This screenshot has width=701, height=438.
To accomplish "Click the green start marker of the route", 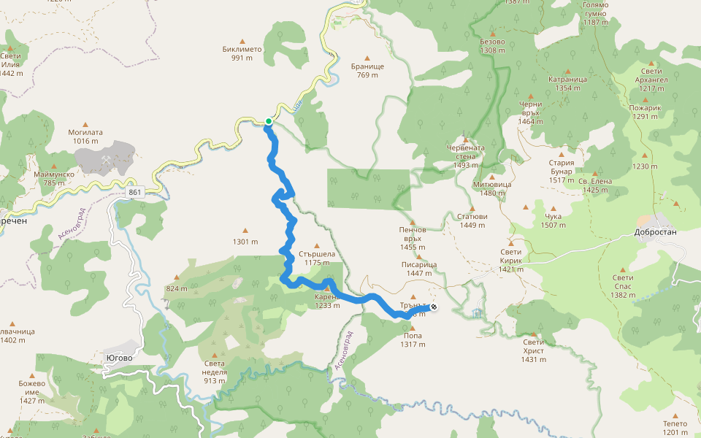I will point(269,121).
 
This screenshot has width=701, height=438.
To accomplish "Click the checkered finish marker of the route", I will point(434,307).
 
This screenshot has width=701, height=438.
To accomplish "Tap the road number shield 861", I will point(134,192).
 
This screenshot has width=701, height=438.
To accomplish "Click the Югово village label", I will point(118,358).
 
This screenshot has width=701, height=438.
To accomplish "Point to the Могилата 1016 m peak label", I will point(85,137).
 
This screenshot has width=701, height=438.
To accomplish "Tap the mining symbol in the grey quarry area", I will point(107,158).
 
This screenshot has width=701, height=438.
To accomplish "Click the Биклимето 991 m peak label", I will point(242,53).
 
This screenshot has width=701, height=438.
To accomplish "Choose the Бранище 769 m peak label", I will point(367,70).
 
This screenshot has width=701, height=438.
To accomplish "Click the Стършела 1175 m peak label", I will point(318,258).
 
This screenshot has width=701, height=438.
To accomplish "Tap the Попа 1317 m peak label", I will point(413,340).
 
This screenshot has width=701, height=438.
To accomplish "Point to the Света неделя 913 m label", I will point(215,372).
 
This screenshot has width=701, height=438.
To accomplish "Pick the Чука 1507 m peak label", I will point(553,220).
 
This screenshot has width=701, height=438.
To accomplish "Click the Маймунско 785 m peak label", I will point(53,179).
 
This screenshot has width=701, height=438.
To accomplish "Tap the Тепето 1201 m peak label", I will point(675,428).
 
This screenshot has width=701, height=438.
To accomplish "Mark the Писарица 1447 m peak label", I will point(418,269).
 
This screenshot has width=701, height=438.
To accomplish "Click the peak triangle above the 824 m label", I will point(177,277).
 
